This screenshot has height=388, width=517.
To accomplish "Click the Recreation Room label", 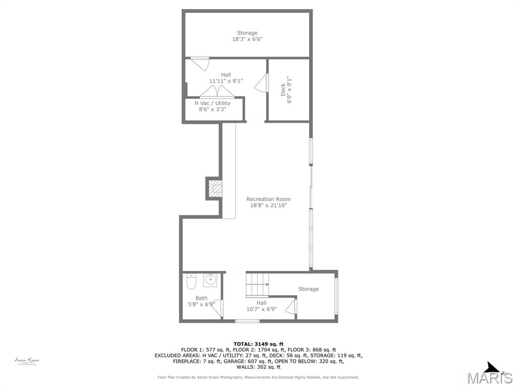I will click(268, 199).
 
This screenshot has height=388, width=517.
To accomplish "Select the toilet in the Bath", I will click(191, 280).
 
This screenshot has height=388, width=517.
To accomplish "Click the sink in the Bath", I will click(210, 280).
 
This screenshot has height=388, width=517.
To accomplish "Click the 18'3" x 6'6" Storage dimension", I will click(247, 39).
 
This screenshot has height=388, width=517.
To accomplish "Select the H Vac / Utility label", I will click(212, 103).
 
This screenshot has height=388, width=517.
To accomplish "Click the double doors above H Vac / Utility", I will click(217, 92).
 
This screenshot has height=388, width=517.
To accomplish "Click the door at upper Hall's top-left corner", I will click(200, 63).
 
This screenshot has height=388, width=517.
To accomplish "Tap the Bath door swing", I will click(218, 309).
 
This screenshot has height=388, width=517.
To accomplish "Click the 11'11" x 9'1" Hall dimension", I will click(226, 81).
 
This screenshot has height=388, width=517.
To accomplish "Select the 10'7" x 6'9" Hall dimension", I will click(261, 309).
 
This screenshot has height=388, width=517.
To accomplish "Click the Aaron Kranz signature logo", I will click(26, 361).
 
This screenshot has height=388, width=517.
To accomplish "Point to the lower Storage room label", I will click(308, 289).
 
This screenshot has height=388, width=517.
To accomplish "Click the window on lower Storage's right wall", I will click(336, 296).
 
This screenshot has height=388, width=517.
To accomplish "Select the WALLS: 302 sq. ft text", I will click(258, 367).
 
